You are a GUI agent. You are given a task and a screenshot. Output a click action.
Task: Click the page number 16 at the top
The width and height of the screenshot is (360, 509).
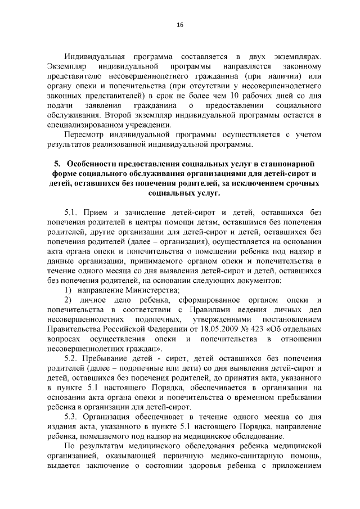(x=180, y=25)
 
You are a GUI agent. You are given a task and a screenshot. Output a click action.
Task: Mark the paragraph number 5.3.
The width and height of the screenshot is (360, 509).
(x=73, y=417)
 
